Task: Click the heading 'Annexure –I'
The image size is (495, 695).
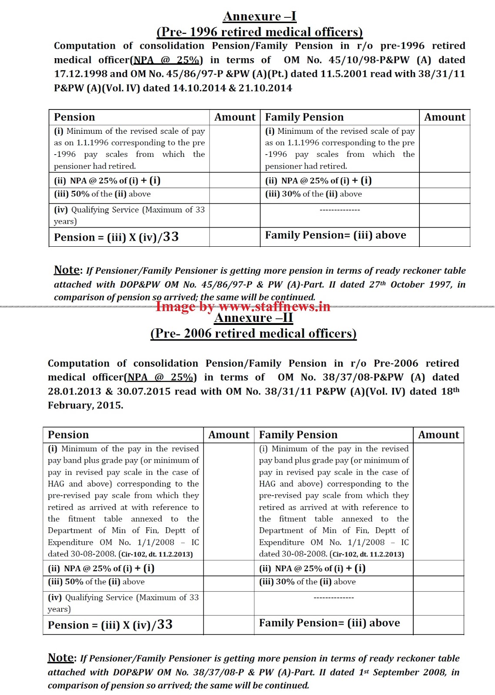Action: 259,17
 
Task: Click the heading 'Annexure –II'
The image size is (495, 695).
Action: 253,318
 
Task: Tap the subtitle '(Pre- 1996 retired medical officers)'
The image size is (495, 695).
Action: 259,32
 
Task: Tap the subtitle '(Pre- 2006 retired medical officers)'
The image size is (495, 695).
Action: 253,334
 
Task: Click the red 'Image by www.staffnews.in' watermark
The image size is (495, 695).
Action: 243,307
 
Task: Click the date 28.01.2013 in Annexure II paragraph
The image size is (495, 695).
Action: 74,391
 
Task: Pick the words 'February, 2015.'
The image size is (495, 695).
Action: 86,405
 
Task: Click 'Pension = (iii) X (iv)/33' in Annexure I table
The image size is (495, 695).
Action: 116,237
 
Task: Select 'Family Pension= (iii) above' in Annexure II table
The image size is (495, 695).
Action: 329,623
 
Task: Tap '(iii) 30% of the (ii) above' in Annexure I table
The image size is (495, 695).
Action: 313,194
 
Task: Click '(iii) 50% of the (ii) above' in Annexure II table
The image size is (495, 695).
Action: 96,582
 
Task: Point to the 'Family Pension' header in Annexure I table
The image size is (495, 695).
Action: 304,117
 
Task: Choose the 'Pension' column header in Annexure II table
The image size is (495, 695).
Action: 68,435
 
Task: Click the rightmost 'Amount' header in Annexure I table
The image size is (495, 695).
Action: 445,117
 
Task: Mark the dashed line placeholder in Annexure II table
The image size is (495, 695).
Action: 334,598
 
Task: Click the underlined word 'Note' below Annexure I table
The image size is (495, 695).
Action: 66,270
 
